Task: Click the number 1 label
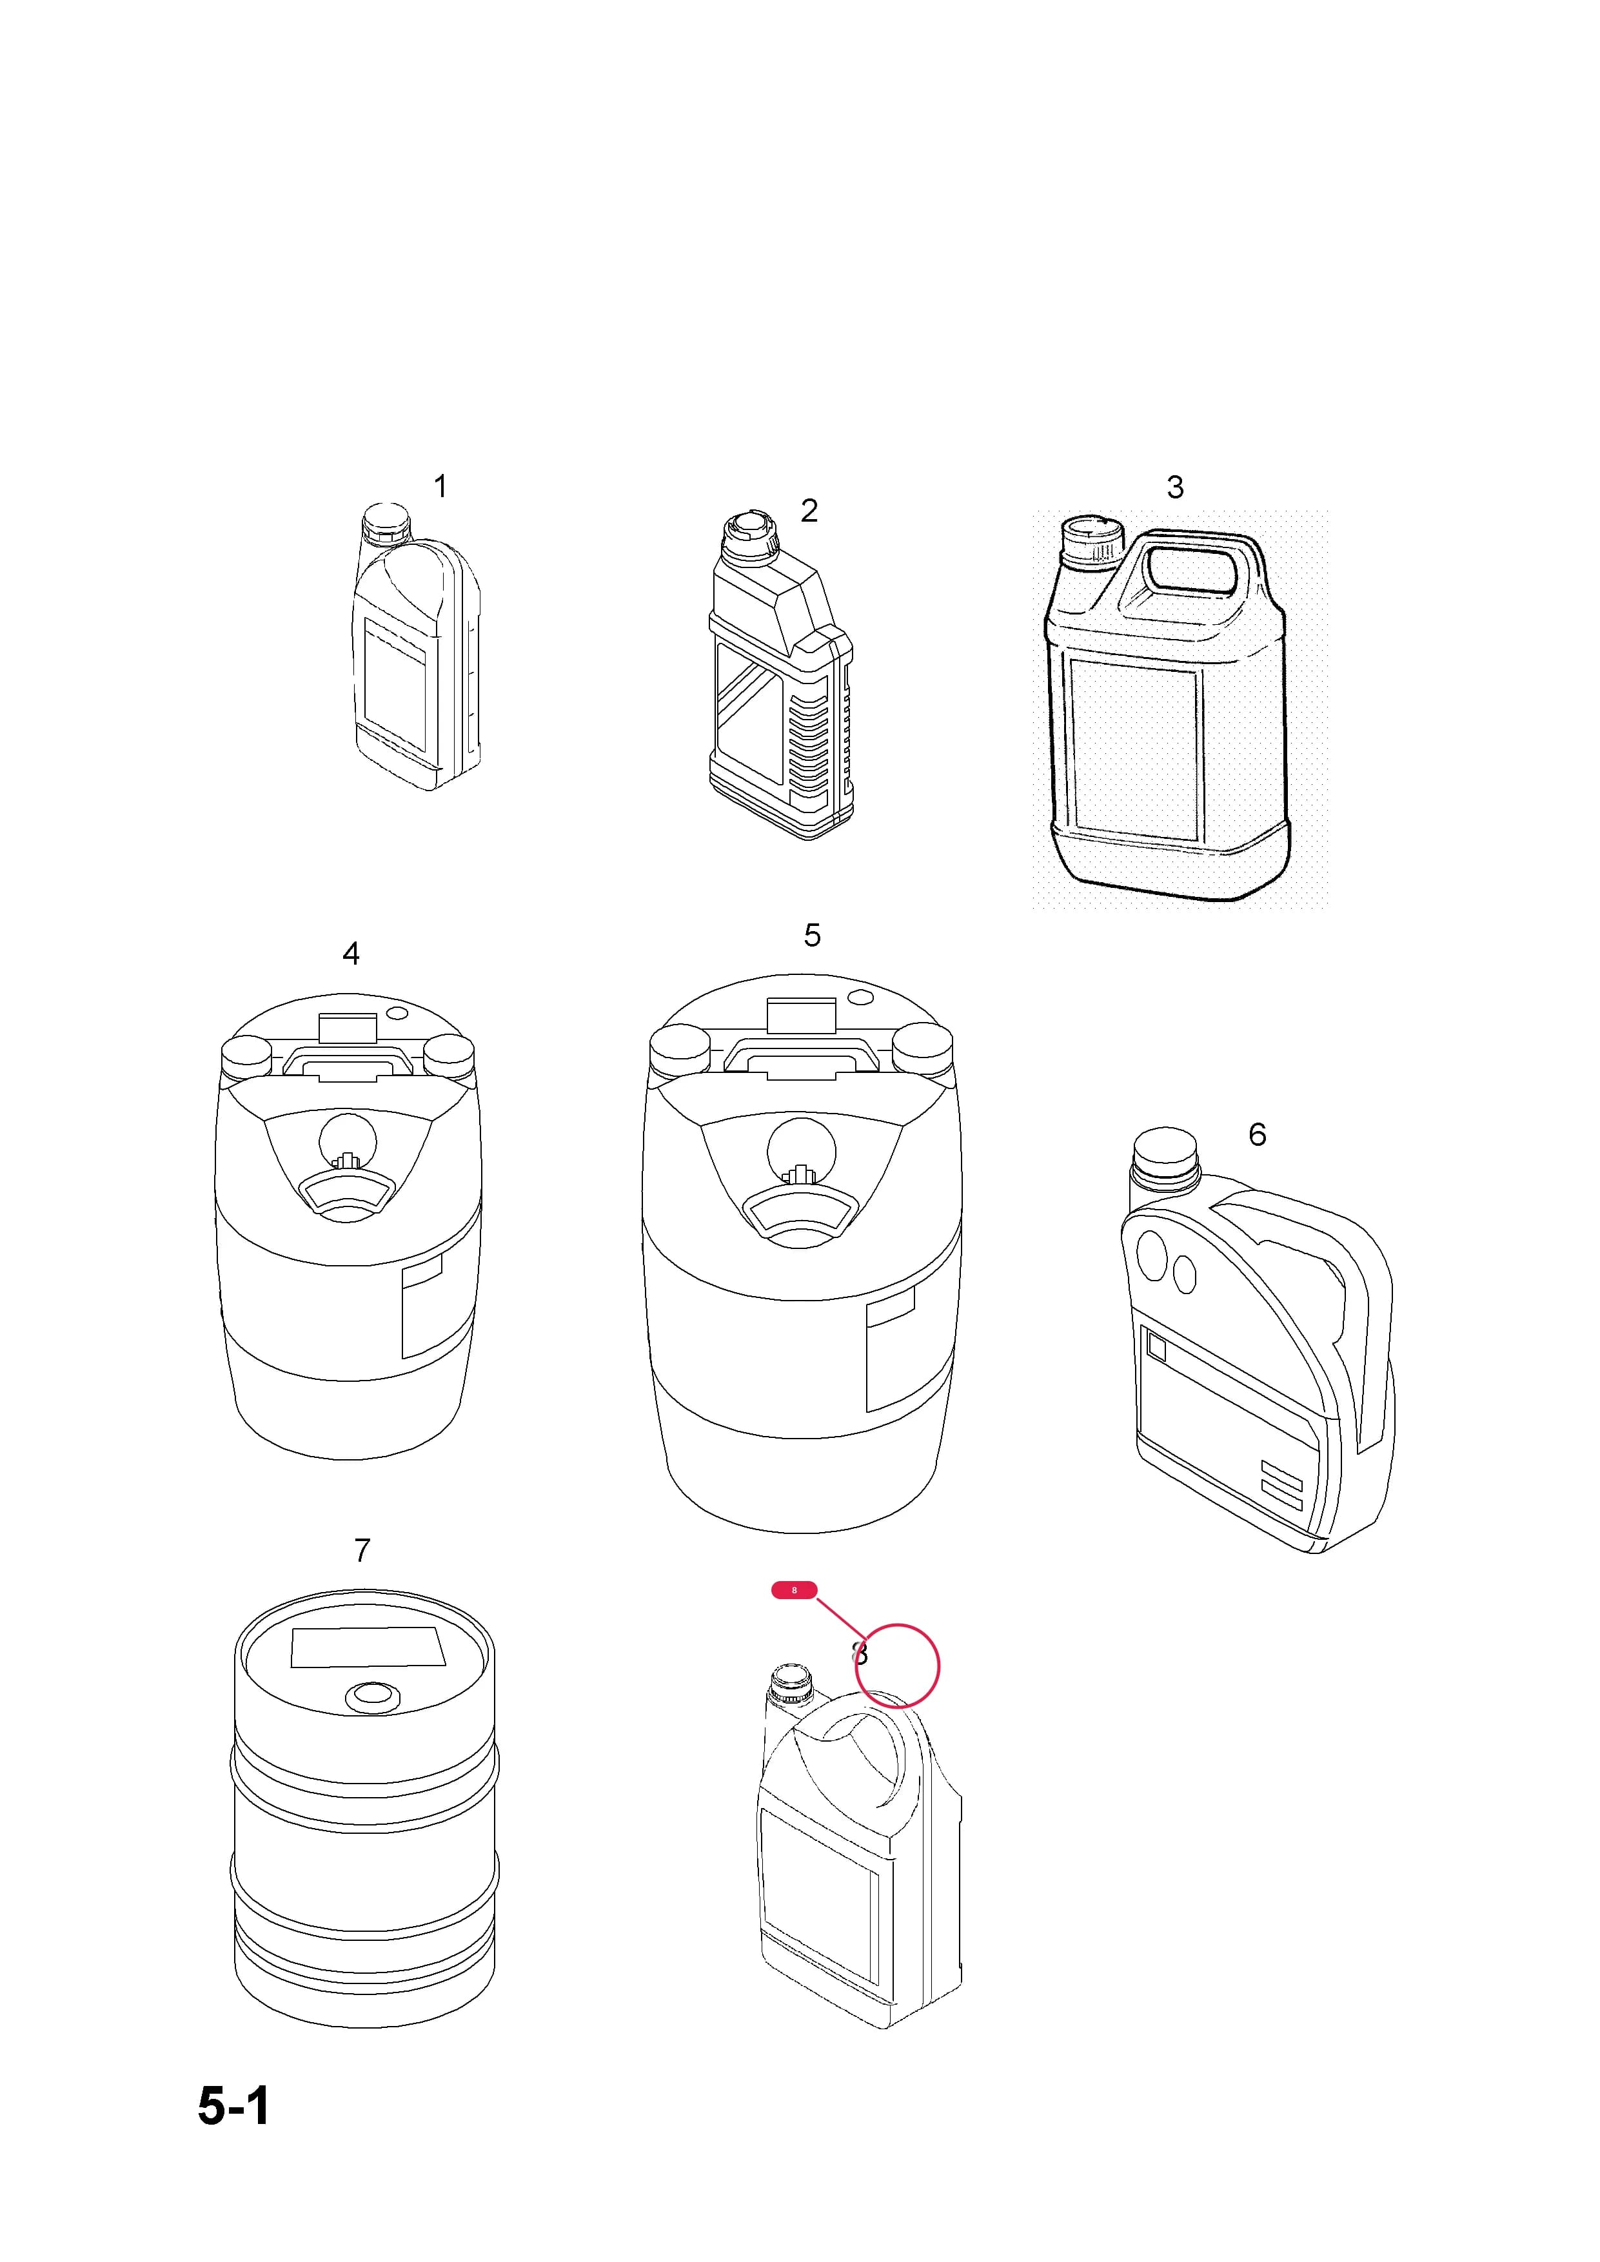pyautogui.click(x=440, y=487)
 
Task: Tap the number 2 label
pyautogui.click(x=809, y=510)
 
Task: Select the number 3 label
pyautogui.click(x=1174, y=487)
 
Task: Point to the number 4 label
pyautogui.click(x=351, y=954)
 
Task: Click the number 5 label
pyautogui.click(x=812, y=936)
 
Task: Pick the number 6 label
pyautogui.click(x=1257, y=1135)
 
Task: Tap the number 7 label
pyautogui.click(x=362, y=1551)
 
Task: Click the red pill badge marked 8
pyautogui.click(x=794, y=1590)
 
